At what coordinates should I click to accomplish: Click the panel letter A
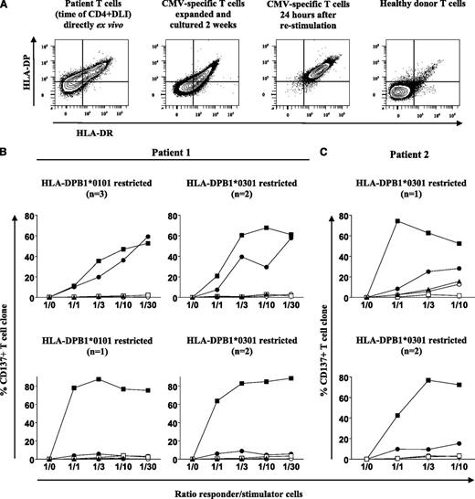coord(7,6)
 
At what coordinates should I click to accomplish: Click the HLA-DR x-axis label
coord(77,131)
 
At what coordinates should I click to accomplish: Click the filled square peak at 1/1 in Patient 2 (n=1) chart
coord(372,221)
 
